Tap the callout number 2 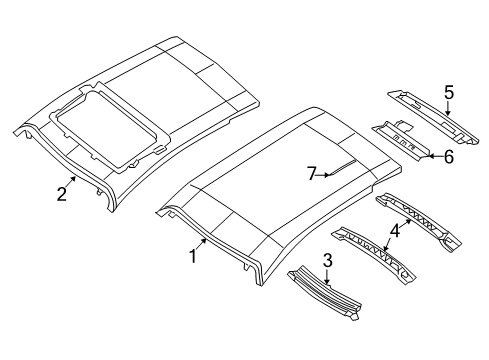(x=62, y=194)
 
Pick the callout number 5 (x=449, y=93)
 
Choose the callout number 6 (x=449, y=157)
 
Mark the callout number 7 (x=312, y=174)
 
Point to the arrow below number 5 (x=449, y=110)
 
